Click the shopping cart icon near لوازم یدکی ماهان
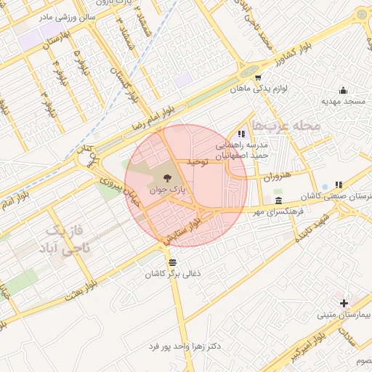(x=257, y=77)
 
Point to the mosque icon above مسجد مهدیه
(x=343, y=91)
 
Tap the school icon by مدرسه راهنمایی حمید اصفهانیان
(x=241, y=134)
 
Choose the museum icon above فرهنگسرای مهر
(x=279, y=201)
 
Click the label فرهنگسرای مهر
(x=280, y=212)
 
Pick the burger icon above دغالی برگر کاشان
(x=172, y=262)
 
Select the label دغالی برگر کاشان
(x=172, y=274)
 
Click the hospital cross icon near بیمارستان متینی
(x=344, y=302)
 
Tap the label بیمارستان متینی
(x=344, y=315)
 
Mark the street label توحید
(x=197, y=161)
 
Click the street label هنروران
(x=277, y=177)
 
